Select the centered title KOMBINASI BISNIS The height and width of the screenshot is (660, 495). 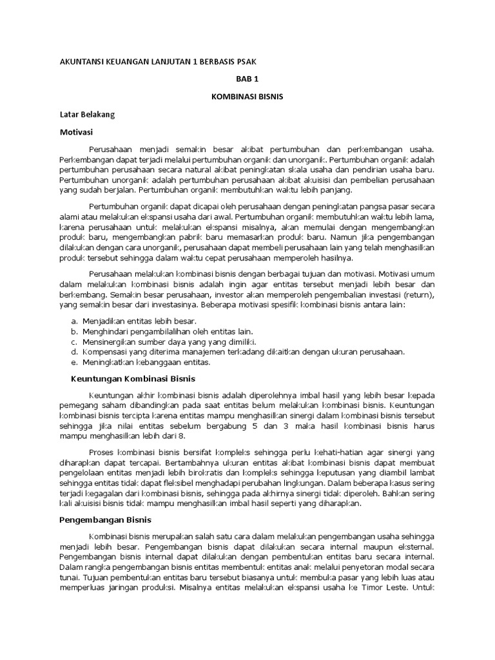pos(247,96)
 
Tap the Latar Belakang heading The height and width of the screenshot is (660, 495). pos(87,114)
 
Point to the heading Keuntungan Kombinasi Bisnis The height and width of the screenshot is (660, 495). pos(133,378)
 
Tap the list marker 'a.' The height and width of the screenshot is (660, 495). pos(75,321)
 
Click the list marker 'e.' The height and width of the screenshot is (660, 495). pos(75,362)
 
